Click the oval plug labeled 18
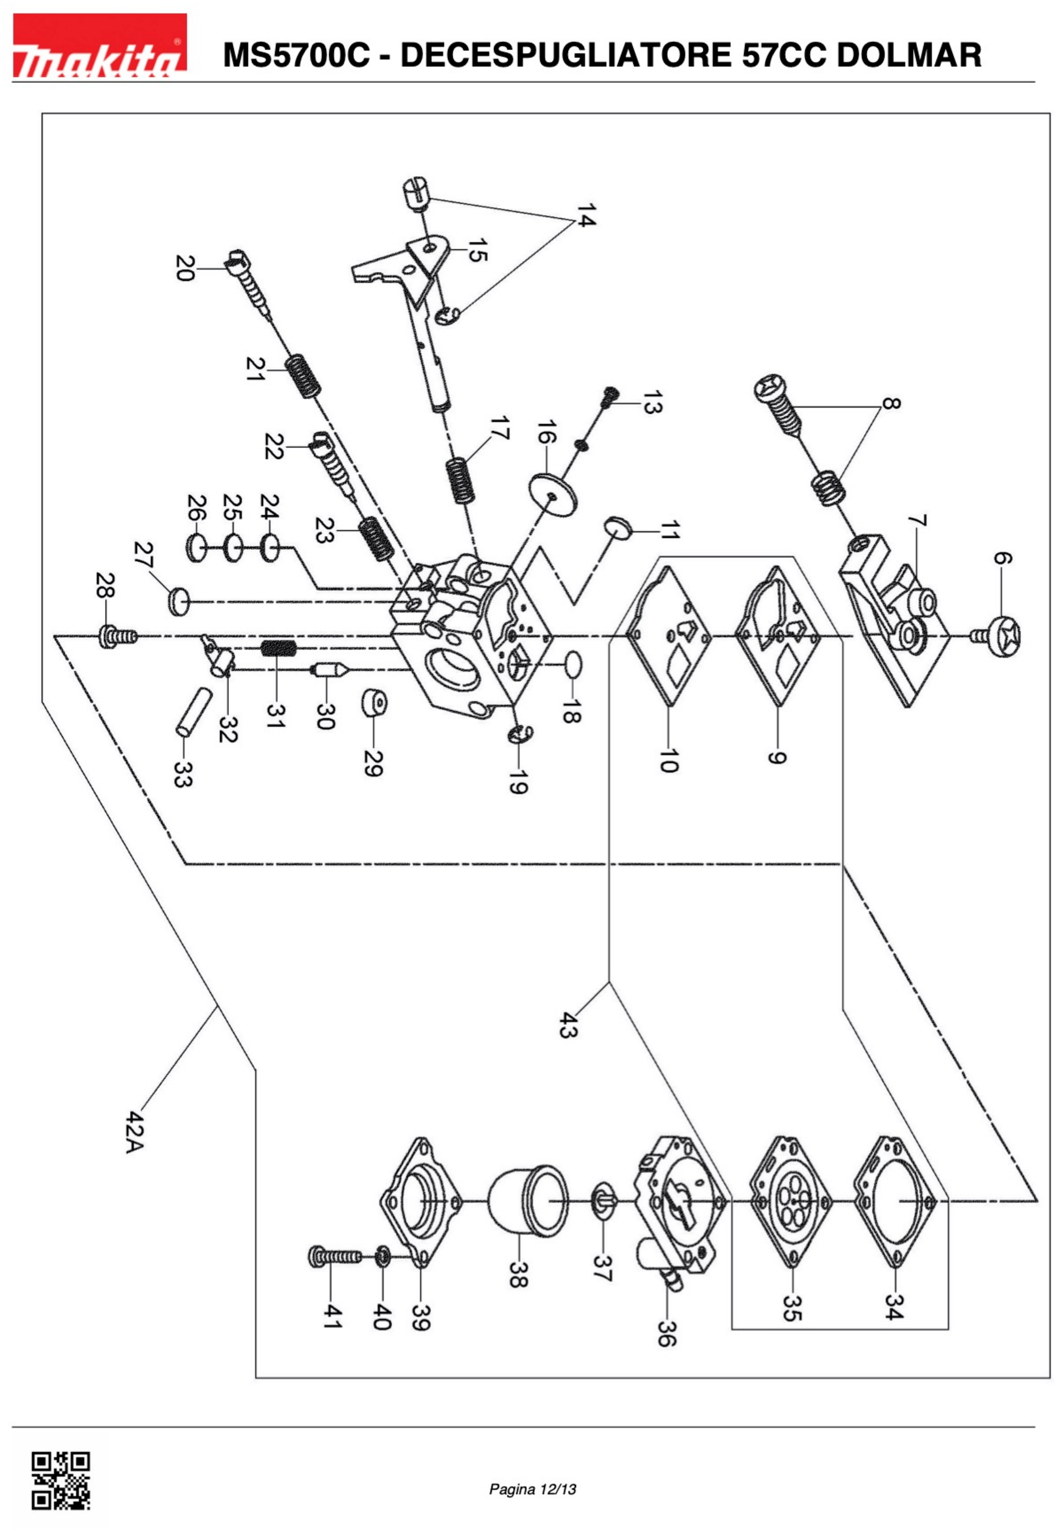coord(573,665)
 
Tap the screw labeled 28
coord(118,637)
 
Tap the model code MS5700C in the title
coord(296,55)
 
